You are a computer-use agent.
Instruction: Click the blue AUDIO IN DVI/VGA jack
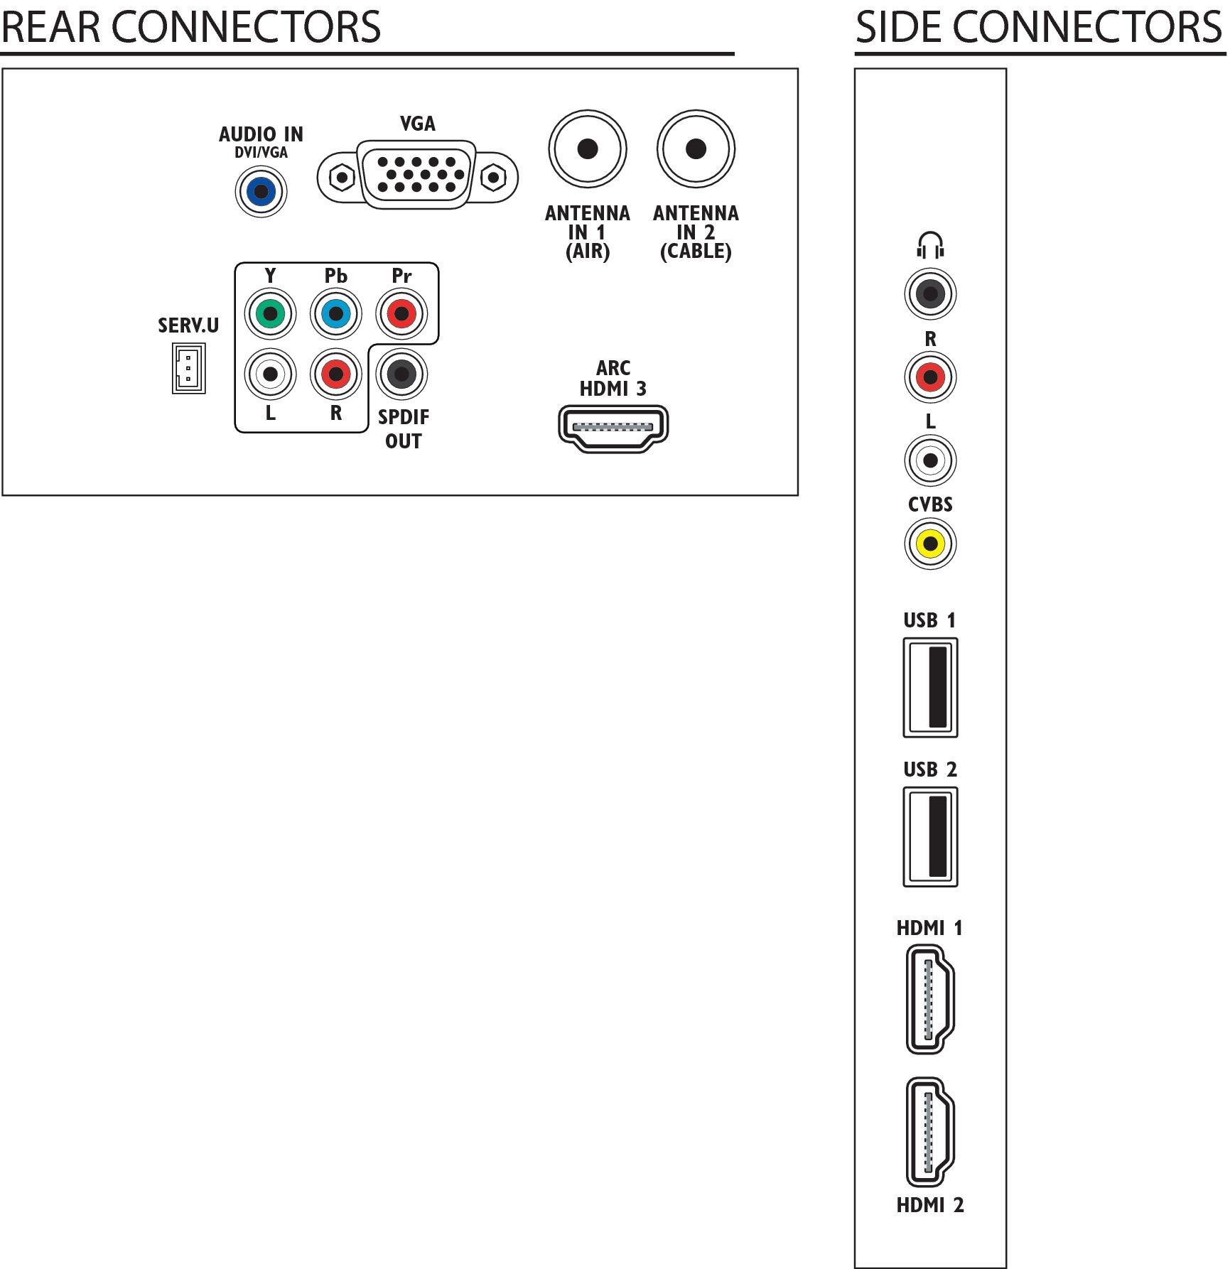click(x=261, y=191)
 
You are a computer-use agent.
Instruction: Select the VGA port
click(x=418, y=175)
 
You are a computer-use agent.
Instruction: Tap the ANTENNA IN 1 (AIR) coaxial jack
click(x=588, y=149)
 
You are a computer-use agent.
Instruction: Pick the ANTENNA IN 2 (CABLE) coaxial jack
click(x=696, y=149)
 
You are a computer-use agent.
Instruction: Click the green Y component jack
click(x=270, y=313)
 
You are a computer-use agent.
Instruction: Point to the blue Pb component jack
click(x=336, y=313)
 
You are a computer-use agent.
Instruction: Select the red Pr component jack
click(x=401, y=313)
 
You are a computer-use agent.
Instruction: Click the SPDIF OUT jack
click(x=401, y=374)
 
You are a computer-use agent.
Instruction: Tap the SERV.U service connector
click(x=188, y=368)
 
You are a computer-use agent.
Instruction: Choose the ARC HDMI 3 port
click(x=613, y=428)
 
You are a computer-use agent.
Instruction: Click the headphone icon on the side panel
click(x=930, y=245)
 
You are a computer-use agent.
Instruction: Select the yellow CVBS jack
click(x=930, y=544)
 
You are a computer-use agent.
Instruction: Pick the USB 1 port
click(x=930, y=687)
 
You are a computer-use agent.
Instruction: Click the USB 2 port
click(x=930, y=836)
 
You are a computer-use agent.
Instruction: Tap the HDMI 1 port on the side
click(x=929, y=998)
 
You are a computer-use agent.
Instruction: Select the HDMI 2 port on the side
click(x=929, y=1132)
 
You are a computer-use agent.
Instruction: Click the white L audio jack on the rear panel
click(x=270, y=374)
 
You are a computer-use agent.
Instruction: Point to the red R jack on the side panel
click(x=930, y=377)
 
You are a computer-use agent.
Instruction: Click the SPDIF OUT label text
click(x=403, y=429)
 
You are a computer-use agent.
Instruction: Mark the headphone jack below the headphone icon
click(x=930, y=293)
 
